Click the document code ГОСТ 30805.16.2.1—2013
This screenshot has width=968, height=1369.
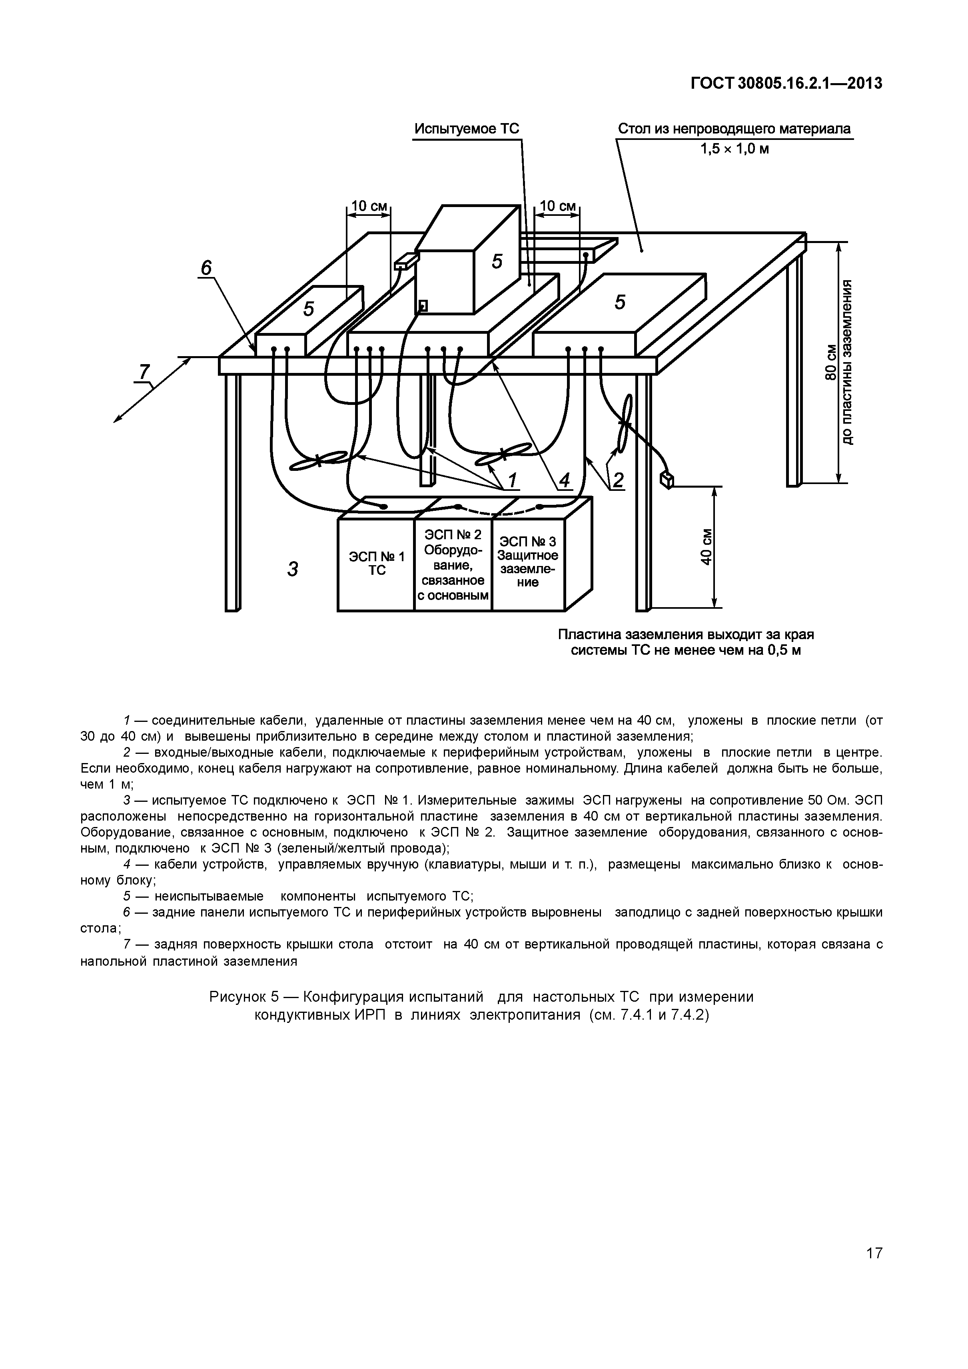click(x=786, y=84)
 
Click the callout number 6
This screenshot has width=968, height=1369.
click(x=206, y=269)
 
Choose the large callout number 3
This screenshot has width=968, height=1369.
click(x=292, y=570)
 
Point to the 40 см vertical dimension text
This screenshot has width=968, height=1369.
click(x=706, y=547)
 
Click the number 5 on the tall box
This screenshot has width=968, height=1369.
click(x=497, y=261)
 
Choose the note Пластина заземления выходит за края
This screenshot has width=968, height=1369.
click(x=686, y=634)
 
